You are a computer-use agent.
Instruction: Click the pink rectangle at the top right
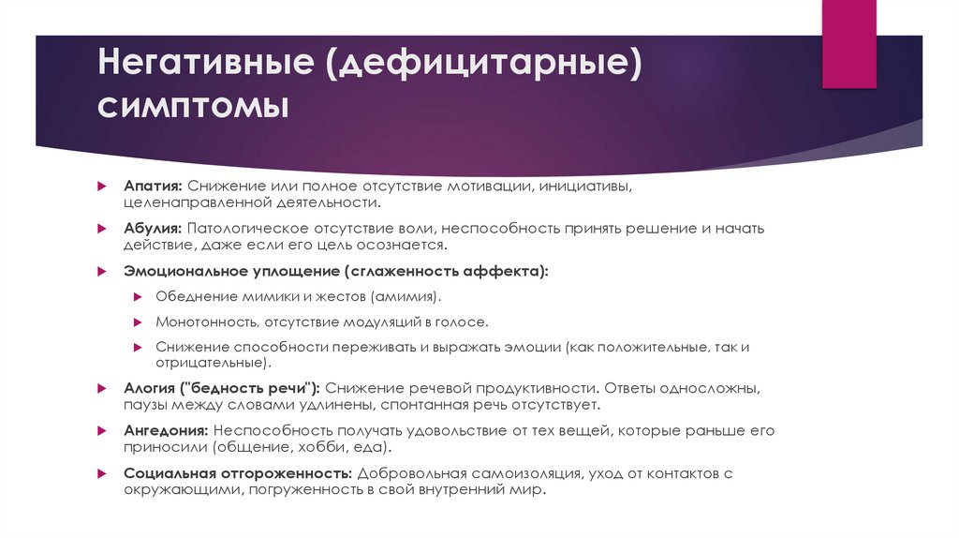coord(848,44)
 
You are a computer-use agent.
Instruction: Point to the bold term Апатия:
coord(153,186)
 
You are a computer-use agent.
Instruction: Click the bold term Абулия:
coord(153,229)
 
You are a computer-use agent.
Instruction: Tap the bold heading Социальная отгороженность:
coord(238,474)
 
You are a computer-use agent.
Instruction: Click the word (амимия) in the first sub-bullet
coord(406,297)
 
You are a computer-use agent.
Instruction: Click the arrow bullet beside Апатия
coord(105,186)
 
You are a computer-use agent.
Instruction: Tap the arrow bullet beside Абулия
coord(105,229)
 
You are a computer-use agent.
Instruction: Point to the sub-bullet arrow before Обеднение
coord(137,297)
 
